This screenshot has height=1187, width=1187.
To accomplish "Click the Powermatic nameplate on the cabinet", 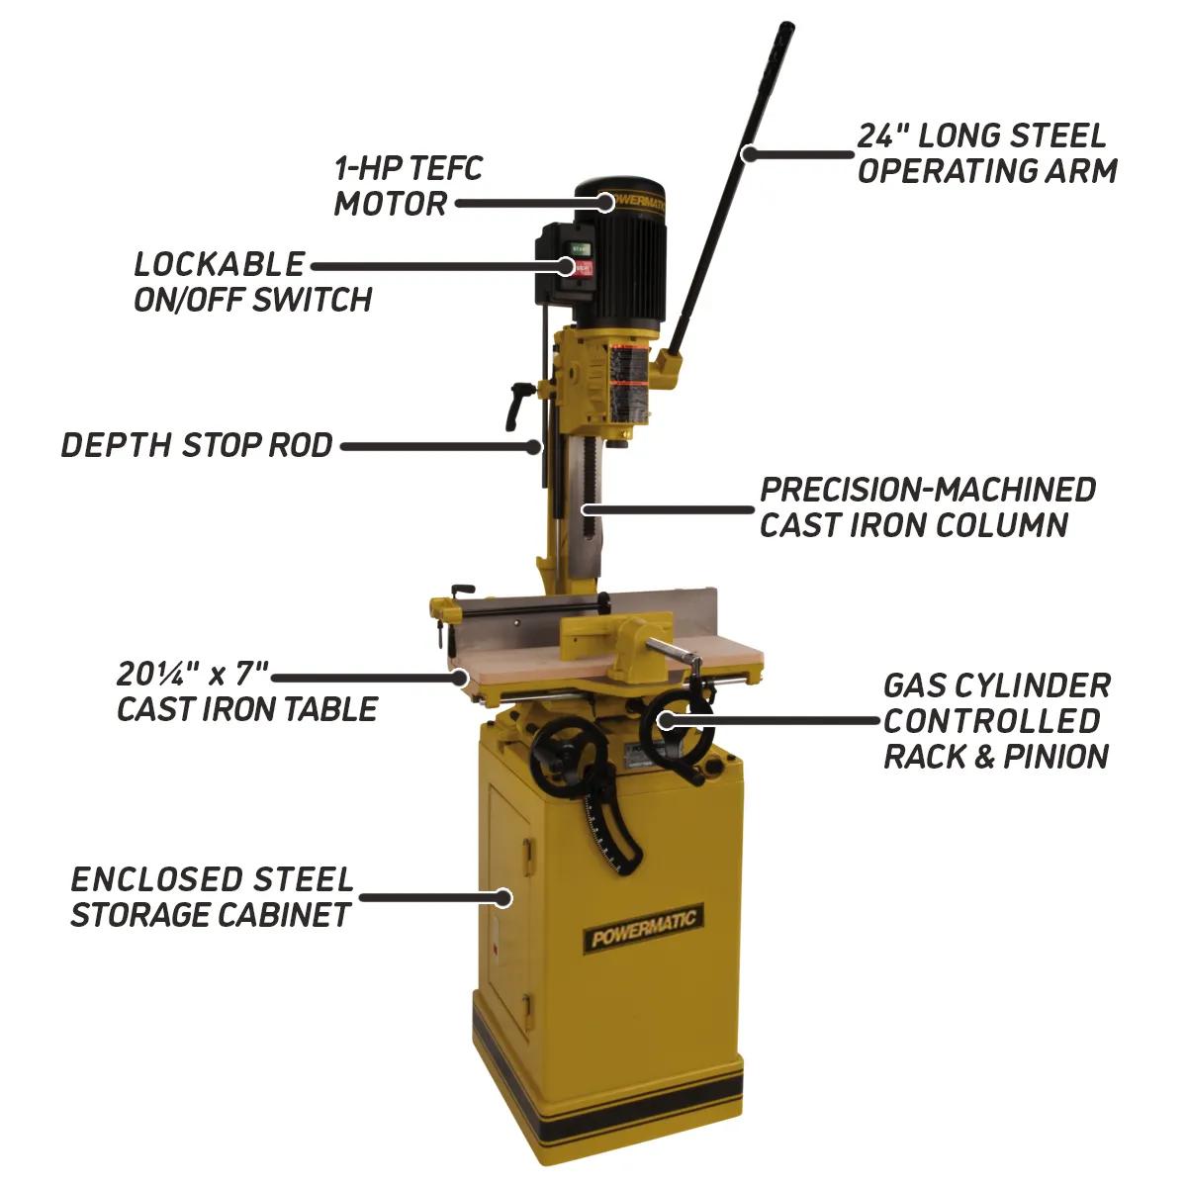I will pyautogui.click(x=644, y=929).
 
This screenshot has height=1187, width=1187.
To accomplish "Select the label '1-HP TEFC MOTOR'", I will pyautogui.click(x=408, y=186).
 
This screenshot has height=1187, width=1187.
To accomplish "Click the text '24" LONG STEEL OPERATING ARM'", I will pyautogui.click(x=986, y=153).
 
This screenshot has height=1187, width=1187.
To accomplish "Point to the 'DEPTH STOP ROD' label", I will pyautogui.click(x=197, y=445).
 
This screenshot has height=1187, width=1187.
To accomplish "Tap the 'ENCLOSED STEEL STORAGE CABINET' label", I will pyautogui.click(x=212, y=896).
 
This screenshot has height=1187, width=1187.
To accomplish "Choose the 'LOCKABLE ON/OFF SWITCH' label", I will pyautogui.click(x=253, y=281).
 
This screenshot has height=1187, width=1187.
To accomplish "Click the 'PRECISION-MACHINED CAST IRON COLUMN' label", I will pyautogui.click(x=927, y=506).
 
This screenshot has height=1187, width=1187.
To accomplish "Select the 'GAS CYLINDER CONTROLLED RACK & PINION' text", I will pyautogui.click(x=996, y=720).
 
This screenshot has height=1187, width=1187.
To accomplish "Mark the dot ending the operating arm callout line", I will pyautogui.click(x=750, y=153).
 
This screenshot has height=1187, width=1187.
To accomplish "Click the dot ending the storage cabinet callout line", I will pyautogui.click(x=504, y=897).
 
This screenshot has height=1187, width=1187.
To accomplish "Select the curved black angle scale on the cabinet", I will pyautogui.click(x=613, y=831).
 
